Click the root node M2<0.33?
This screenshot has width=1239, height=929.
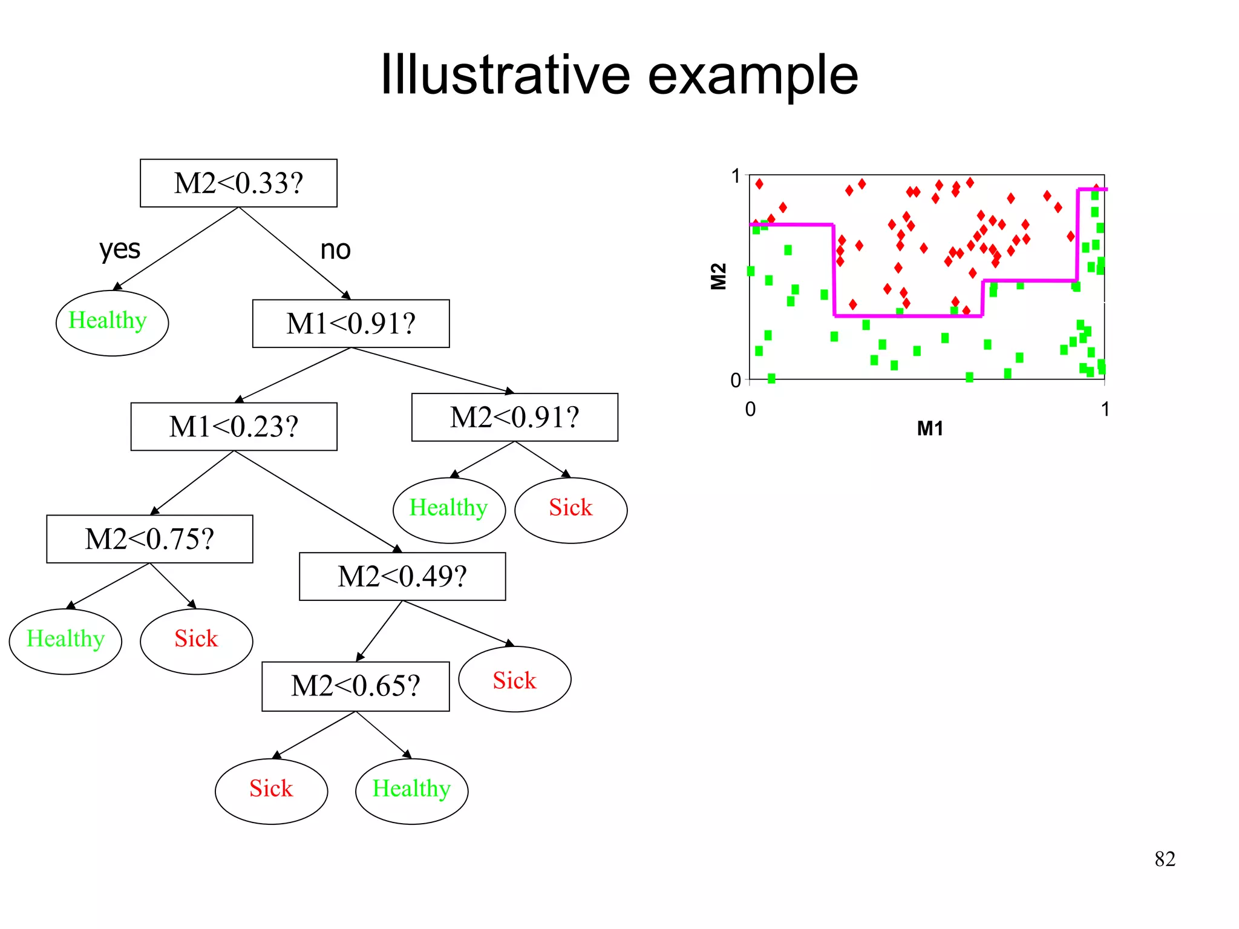click(238, 183)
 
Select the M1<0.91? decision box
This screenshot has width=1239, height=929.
click(351, 324)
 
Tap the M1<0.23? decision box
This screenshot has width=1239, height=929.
click(234, 427)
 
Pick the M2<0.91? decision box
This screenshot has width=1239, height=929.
click(514, 418)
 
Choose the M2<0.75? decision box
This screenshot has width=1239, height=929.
click(149, 539)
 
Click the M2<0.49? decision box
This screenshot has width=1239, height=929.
click(402, 576)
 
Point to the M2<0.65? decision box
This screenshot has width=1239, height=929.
click(355, 686)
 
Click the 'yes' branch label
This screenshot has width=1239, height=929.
click(120, 249)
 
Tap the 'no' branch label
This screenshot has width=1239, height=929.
click(335, 249)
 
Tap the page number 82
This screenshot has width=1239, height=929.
click(1165, 859)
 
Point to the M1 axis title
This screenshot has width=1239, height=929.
click(930, 428)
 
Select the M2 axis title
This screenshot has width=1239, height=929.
click(718, 277)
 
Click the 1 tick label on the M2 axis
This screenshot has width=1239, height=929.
click(735, 176)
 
